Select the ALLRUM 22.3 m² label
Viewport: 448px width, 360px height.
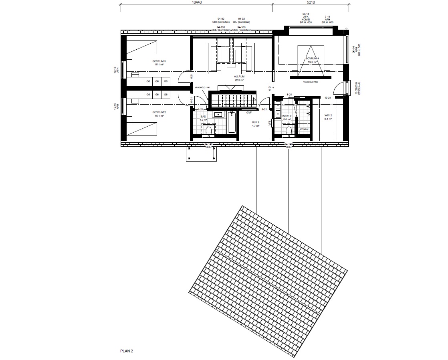tap(239, 78)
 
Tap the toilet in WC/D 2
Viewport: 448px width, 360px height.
tap(287, 129)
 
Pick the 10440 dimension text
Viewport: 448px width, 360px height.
tap(197, 2)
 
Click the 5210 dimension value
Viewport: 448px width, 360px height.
tap(311, 2)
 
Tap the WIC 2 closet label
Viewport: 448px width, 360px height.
tap(328, 117)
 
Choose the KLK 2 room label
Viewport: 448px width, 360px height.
tap(256, 123)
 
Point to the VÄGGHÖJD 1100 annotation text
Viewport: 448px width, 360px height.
tap(202, 87)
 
